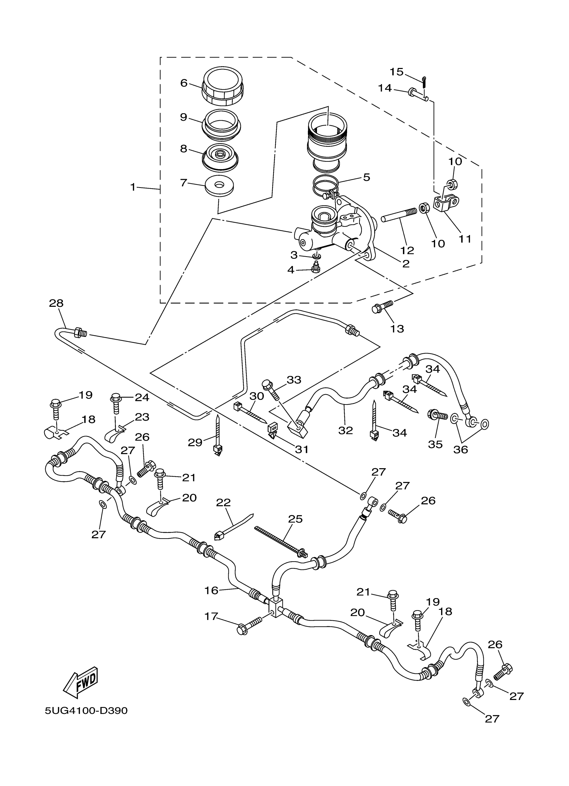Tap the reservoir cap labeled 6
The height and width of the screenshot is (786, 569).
[x=223, y=86]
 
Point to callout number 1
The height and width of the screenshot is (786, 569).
[x=133, y=187]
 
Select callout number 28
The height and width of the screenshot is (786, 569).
[x=56, y=303]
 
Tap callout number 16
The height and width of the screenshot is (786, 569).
[x=211, y=590]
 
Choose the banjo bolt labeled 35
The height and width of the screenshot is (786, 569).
[x=437, y=414]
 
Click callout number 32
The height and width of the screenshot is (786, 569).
[x=345, y=430]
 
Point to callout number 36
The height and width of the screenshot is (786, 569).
[x=461, y=449]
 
